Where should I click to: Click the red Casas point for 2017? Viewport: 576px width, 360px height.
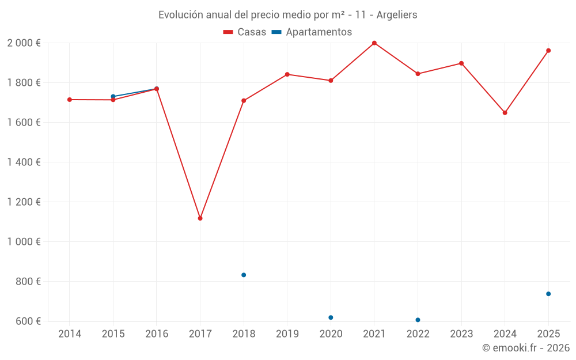pyautogui.click(x=200, y=218)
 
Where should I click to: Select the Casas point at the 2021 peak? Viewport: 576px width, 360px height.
pyautogui.click(x=374, y=43)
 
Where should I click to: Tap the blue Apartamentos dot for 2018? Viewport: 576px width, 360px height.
pyautogui.click(x=244, y=275)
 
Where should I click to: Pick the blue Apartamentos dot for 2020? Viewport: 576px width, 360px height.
pyautogui.click(x=331, y=317)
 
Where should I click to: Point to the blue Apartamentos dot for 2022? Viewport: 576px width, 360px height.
pyautogui.click(x=418, y=320)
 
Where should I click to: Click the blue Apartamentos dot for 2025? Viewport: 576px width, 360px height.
pyautogui.click(x=548, y=294)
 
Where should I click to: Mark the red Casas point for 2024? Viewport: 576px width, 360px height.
pyautogui.click(x=505, y=113)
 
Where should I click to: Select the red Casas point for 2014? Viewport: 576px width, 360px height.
pyautogui.click(x=70, y=100)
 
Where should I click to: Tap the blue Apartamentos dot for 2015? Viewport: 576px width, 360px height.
pyautogui.click(x=113, y=96)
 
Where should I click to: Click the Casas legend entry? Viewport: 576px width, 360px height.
pyautogui.click(x=245, y=32)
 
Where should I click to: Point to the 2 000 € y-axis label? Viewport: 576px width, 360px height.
pyautogui.click(x=24, y=43)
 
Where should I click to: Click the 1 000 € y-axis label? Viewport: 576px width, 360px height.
pyautogui.click(x=24, y=242)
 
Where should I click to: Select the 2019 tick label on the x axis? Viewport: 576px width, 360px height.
pyautogui.click(x=287, y=334)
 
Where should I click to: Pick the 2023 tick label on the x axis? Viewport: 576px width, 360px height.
pyautogui.click(x=461, y=334)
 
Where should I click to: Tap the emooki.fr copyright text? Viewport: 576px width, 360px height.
pyautogui.click(x=525, y=348)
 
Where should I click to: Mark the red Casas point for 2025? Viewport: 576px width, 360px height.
pyautogui.click(x=548, y=51)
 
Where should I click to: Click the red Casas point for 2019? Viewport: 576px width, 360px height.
pyautogui.click(x=287, y=74)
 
